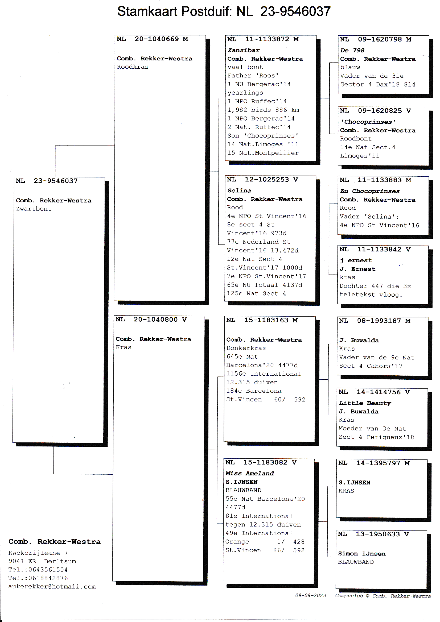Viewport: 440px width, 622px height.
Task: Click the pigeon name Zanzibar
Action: point(244,50)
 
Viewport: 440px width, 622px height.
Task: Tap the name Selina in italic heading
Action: point(239,190)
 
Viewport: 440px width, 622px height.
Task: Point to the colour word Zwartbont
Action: point(34,209)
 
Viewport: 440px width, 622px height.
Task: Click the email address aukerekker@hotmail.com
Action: point(52,587)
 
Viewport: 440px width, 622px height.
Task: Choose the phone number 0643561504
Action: point(48,569)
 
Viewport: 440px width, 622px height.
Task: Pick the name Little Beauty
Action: point(365,403)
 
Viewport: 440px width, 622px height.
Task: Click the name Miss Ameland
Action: point(250,473)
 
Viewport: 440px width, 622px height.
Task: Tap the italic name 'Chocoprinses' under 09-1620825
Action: point(368,122)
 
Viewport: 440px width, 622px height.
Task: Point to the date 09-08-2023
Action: point(311,595)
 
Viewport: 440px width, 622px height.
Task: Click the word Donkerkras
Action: point(246,348)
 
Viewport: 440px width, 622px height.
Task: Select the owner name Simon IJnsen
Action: point(362,553)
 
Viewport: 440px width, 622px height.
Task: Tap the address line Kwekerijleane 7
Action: point(38,553)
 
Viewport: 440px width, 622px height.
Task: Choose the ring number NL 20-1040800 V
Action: point(151,320)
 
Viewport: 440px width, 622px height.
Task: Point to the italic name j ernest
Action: point(356,260)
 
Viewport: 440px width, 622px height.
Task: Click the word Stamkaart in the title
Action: point(147,12)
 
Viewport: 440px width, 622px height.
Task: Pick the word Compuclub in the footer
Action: point(349,596)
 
